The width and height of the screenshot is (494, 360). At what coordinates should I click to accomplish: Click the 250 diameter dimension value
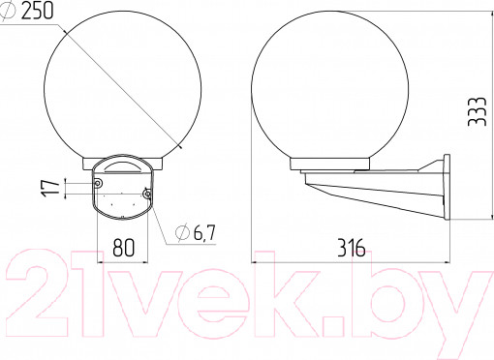click(x=37, y=11)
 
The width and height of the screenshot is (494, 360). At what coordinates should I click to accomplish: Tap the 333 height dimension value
click(x=477, y=111)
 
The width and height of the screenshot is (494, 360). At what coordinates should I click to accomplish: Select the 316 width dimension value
click(x=352, y=248)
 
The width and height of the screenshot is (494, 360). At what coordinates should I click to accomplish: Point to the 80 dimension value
click(x=124, y=248)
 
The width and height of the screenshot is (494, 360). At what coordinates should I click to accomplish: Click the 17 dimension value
click(x=50, y=188)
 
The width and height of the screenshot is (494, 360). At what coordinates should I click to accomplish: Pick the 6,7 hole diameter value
click(x=204, y=232)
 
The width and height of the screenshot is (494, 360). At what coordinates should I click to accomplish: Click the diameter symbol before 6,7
click(x=182, y=232)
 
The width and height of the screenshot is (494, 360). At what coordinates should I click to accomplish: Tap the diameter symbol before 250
click(x=9, y=11)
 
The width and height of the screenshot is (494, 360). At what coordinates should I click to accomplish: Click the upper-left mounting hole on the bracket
click(x=98, y=183)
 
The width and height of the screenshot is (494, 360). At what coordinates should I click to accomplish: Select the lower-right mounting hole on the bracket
click(x=147, y=194)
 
